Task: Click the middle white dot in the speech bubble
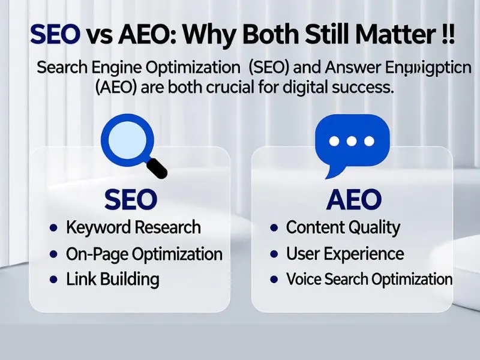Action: [x=352, y=140]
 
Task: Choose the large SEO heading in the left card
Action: [x=131, y=199]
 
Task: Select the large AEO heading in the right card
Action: [x=353, y=199]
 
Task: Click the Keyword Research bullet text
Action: [x=133, y=228]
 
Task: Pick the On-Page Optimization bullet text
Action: [x=144, y=254]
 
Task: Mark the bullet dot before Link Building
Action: [x=54, y=280]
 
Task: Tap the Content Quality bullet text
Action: [x=343, y=228]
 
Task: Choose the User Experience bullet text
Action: [x=344, y=254]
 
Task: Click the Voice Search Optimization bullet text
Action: [x=369, y=280]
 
